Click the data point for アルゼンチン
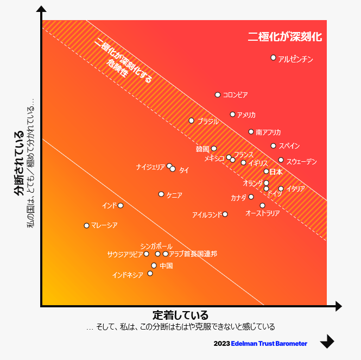[x=274, y=58]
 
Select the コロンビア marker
[x=218, y=94]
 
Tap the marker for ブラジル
[x=191, y=121]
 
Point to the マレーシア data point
[x=86, y=225]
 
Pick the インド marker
[x=121, y=205]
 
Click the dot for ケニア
[x=161, y=194]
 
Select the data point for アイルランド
[x=225, y=214]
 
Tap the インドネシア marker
[x=150, y=273]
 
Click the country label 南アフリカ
[x=268, y=132]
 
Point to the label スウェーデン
[x=301, y=161]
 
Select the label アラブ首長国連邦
[x=193, y=254]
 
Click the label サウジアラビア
[x=125, y=254]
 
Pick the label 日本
[x=276, y=172]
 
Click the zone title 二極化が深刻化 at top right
[x=285, y=37]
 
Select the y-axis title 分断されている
[x=19, y=163]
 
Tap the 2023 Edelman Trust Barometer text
[x=261, y=343]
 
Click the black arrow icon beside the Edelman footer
[x=327, y=342]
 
